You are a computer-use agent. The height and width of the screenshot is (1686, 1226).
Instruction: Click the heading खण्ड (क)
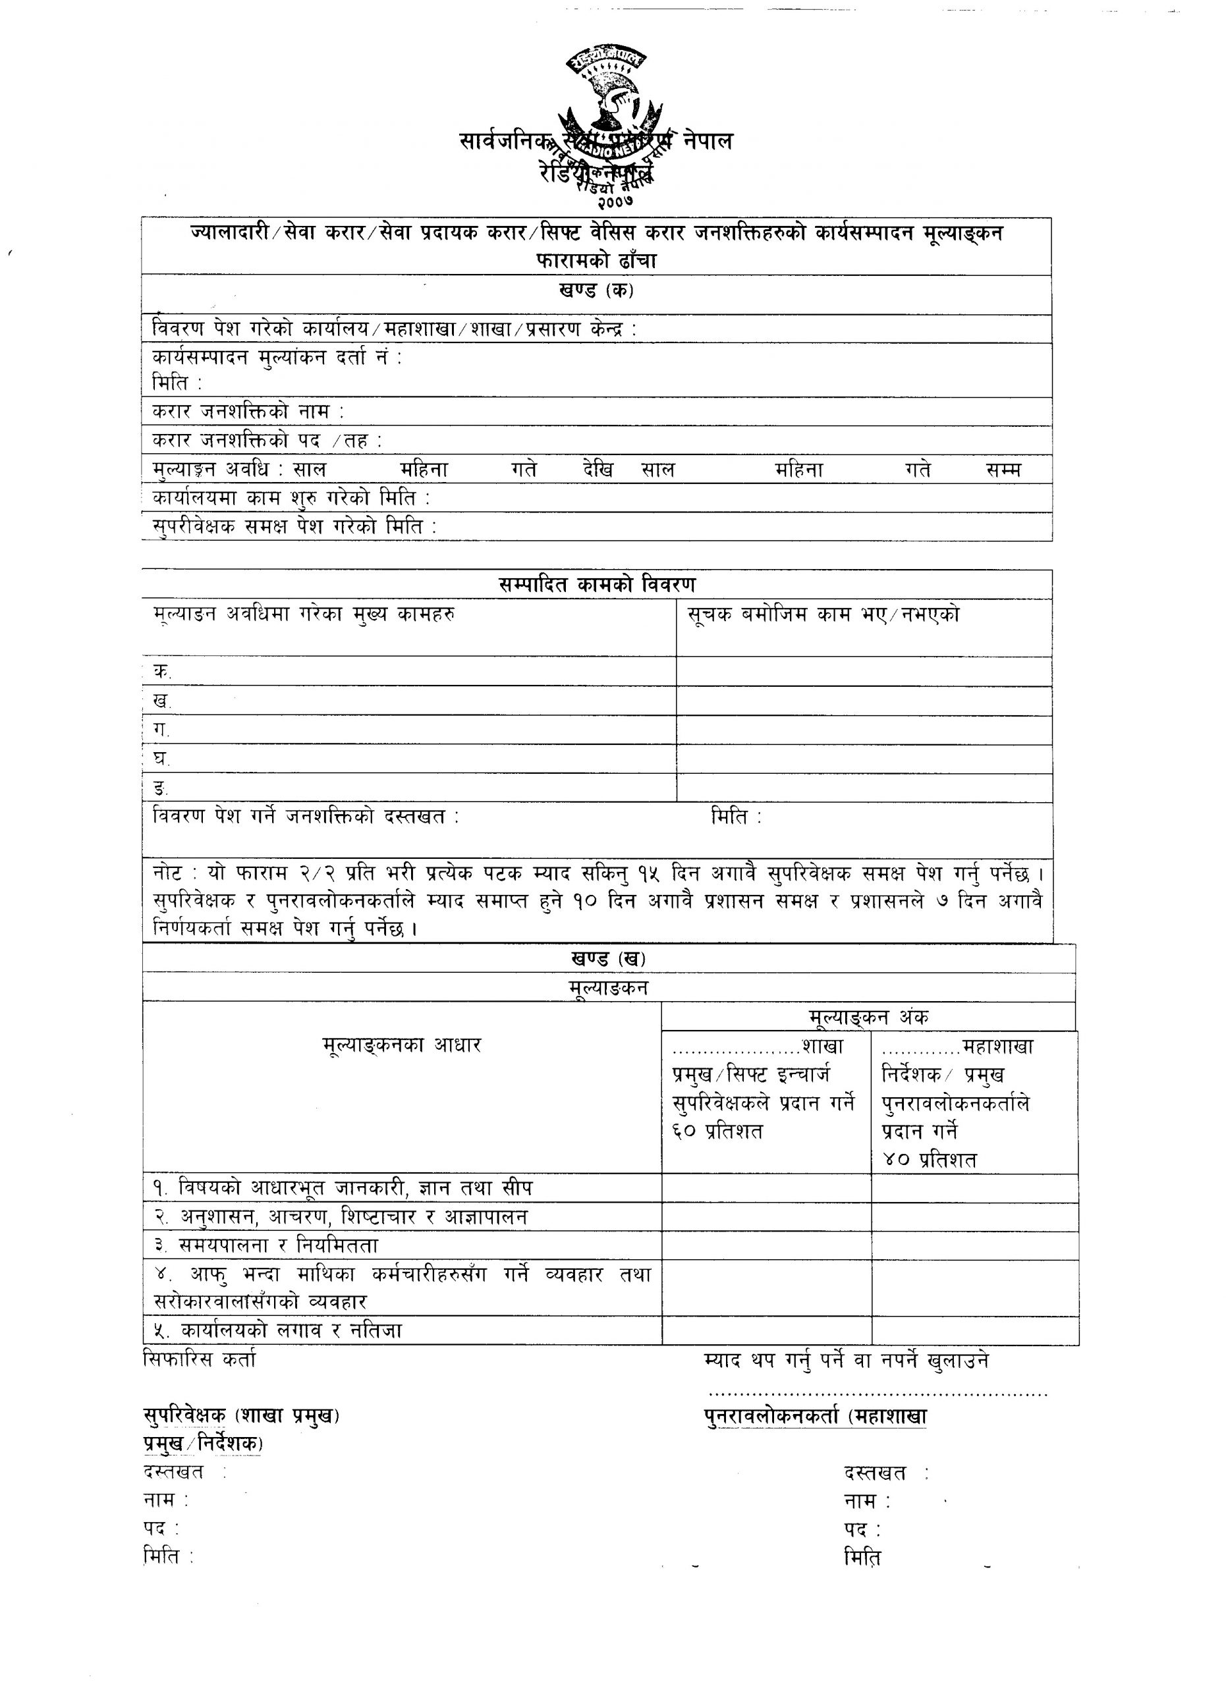596,290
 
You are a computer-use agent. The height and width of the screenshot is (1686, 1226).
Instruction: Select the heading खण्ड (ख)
608,958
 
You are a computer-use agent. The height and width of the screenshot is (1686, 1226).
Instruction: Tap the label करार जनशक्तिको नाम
248,411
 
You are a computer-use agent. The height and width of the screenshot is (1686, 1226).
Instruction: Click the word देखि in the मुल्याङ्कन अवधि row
598,470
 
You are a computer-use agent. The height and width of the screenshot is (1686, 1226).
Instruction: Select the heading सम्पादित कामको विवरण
597,584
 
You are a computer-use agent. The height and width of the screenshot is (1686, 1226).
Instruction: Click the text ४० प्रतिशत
930,1160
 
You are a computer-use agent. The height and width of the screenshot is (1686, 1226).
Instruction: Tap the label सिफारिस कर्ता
198,1359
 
